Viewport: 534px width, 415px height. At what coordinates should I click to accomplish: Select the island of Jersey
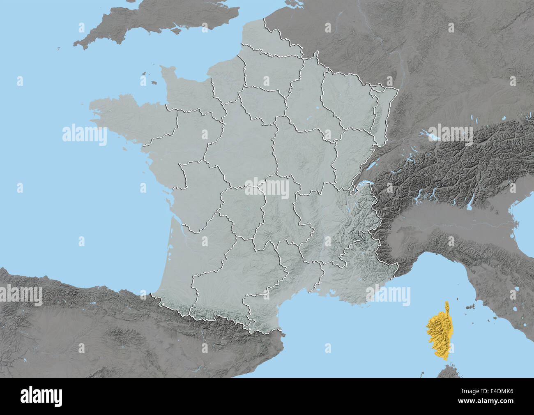point(154,83)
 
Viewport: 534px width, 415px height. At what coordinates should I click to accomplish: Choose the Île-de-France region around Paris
point(263,103)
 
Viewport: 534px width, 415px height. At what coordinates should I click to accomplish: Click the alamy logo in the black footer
point(41,396)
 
